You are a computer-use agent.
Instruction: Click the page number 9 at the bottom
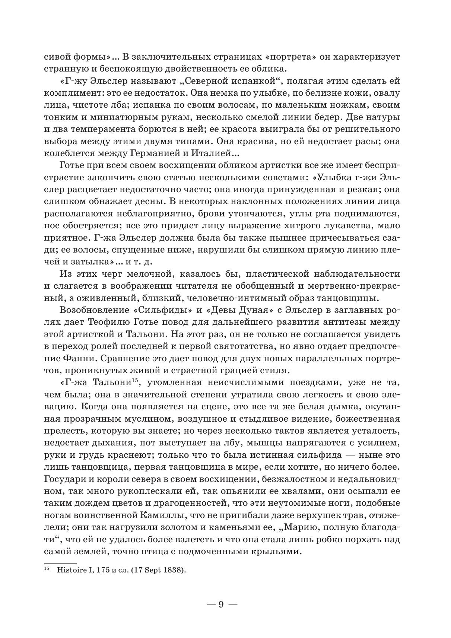[221, 604]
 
